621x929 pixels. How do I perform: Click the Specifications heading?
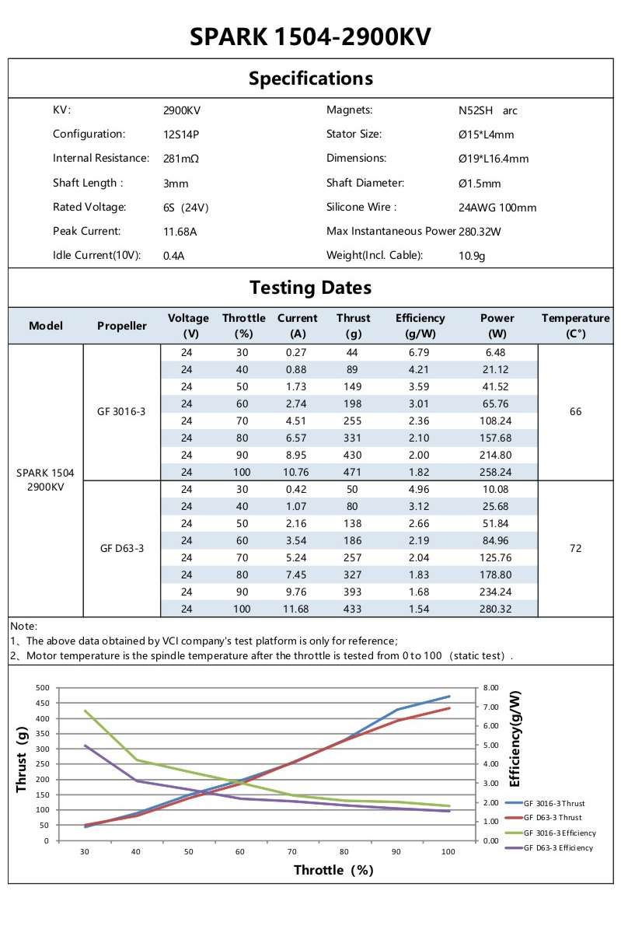pyautogui.click(x=310, y=79)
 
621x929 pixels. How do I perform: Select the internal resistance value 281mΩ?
pyautogui.click(x=181, y=159)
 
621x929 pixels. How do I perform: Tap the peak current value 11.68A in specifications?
pyautogui.click(x=180, y=232)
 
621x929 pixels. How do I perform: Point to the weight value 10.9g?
pyautogui.click(x=472, y=256)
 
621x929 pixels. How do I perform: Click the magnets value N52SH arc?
pyautogui.click(x=488, y=110)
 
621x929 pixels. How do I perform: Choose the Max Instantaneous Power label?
pyautogui.click(x=391, y=232)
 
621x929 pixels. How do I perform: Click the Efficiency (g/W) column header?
pyautogui.click(x=420, y=326)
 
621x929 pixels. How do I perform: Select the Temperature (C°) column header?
pyautogui.click(x=575, y=326)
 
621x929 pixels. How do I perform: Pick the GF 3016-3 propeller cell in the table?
pyautogui.click(x=123, y=411)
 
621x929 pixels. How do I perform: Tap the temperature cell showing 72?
pyautogui.click(x=575, y=548)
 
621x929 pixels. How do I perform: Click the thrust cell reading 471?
pyautogui.click(x=353, y=472)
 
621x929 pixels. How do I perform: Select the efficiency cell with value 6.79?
pyautogui.click(x=420, y=352)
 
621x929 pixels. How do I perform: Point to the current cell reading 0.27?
pyautogui.click(x=297, y=352)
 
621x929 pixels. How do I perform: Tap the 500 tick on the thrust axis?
pyautogui.click(x=42, y=688)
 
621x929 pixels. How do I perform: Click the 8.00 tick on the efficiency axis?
pyautogui.click(x=490, y=688)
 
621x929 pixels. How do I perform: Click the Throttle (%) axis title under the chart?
pyautogui.click(x=333, y=870)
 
